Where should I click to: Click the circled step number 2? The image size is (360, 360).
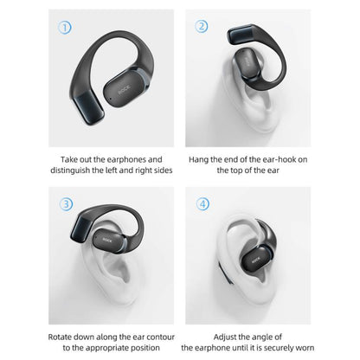coord(201,27)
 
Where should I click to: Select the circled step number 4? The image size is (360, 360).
coord(201,205)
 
